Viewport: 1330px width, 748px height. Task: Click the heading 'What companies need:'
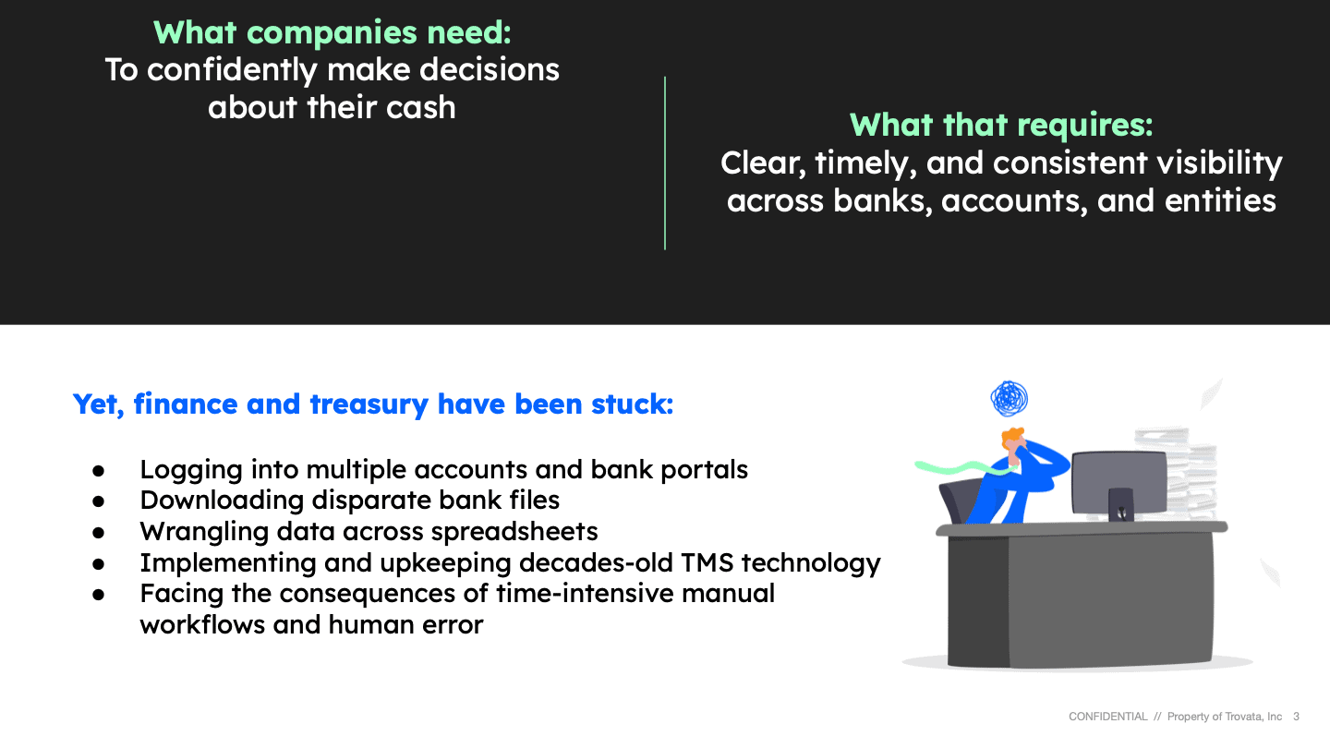tap(332, 32)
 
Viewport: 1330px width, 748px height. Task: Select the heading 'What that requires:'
tap(1001, 126)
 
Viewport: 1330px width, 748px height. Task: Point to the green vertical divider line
tap(665, 163)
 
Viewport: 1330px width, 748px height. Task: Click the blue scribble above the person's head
tap(1009, 398)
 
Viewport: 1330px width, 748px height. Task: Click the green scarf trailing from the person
tap(961, 468)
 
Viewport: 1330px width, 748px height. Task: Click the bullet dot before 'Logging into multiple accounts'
tap(99, 471)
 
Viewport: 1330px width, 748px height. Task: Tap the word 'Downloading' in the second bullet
tap(222, 501)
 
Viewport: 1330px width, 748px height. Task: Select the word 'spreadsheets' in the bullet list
tap(514, 532)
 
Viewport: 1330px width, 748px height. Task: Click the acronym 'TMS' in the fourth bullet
tap(707, 562)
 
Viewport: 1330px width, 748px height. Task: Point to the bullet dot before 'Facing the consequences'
tap(99, 595)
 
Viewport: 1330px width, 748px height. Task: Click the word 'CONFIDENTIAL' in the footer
tap(1108, 717)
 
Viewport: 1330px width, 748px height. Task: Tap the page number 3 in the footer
tap(1296, 717)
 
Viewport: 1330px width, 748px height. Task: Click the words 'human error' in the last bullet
tap(405, 624)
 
